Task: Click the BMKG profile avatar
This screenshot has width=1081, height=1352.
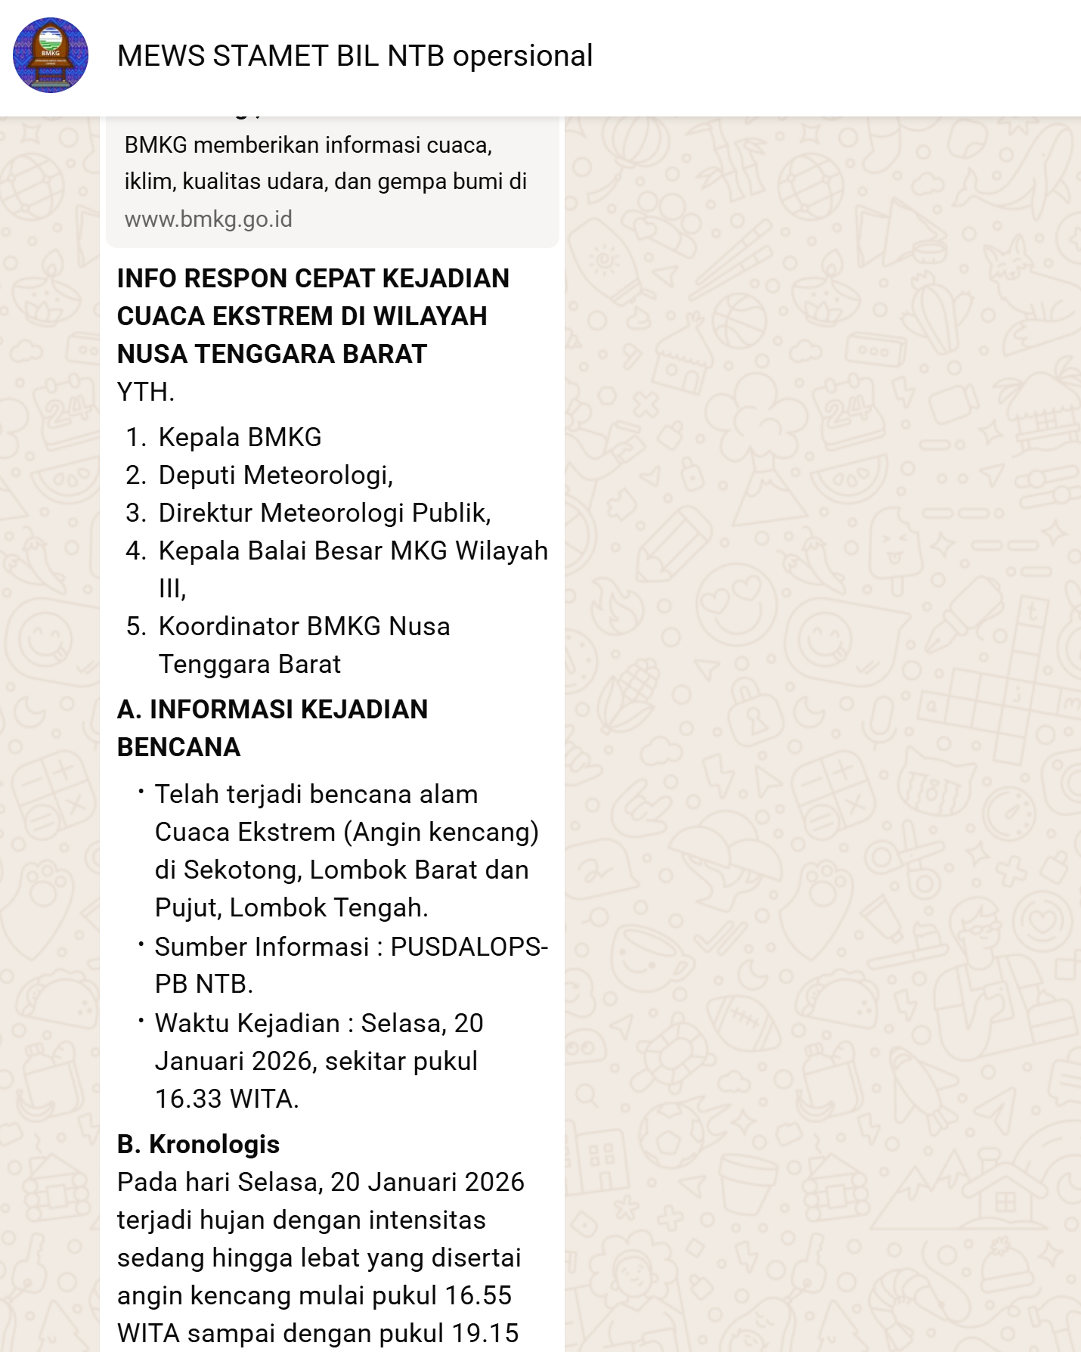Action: point(51,55)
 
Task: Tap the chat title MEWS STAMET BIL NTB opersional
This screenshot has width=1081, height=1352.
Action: point(355,56)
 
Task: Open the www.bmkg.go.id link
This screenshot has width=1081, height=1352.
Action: point(209,219)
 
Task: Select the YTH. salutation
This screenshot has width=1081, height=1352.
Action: point(146,392)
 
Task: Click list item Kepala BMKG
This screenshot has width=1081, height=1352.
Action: point(240,437)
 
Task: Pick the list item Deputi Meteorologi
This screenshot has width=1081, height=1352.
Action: point(275,475)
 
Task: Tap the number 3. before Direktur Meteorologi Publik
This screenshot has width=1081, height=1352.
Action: point(136,513)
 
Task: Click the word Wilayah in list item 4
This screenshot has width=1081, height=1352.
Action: point(501,550)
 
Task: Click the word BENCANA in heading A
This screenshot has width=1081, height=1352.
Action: point(178,747)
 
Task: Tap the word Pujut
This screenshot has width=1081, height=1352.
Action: point(187,907)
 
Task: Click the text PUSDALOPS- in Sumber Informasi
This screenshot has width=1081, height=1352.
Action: point(469,947)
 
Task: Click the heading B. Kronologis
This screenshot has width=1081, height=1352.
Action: point(198,1144)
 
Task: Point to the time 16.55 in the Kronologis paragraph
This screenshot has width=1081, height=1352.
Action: point(478,1295)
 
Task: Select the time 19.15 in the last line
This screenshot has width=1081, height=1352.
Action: point(485,1333)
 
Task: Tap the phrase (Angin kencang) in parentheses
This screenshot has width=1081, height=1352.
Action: point(441,832)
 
